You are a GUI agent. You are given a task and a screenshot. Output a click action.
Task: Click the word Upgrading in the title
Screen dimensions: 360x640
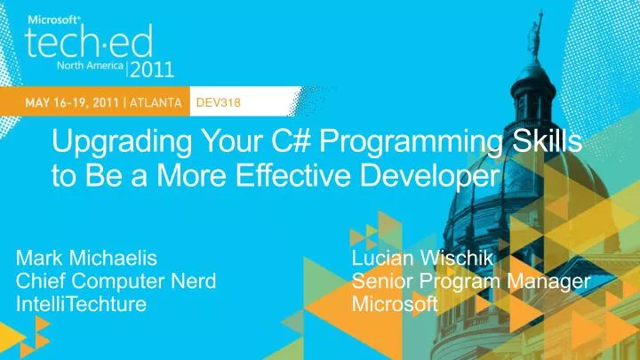tap(109, 142)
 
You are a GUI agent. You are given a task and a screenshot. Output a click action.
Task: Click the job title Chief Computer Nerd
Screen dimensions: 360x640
tap(117, 282)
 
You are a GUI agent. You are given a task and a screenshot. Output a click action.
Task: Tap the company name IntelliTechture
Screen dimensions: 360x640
tap(82, 305)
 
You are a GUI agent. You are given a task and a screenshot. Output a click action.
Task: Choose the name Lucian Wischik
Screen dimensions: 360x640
tap(416, 259)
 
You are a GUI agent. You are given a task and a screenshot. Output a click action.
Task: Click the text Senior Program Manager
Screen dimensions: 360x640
tap(471, 282)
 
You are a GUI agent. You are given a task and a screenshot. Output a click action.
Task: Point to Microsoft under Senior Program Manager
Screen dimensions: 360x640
tap(395, 305)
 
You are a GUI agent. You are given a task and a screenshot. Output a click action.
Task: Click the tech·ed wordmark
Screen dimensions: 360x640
tap(88, 41)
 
